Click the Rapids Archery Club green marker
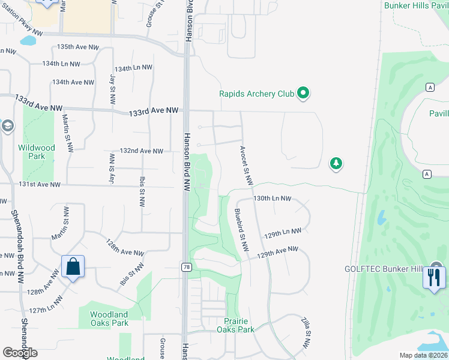(303, 93)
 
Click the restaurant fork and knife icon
(433, 277)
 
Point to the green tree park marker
(336, 163)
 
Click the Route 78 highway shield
(187, 266)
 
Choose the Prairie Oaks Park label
(235, 325)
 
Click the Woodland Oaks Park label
(109, 319)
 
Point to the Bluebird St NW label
(241, 230)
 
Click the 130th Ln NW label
(272, 198)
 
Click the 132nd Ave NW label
(142, 151)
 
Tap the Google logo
(20, 352)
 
